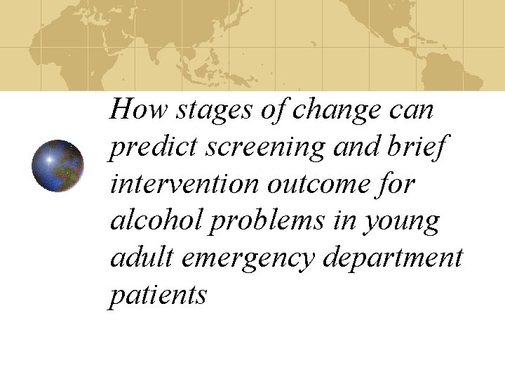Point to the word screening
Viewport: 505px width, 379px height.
(257, 147)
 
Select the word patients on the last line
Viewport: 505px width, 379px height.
(158, 295)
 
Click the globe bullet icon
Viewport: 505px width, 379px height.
(58, 166)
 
